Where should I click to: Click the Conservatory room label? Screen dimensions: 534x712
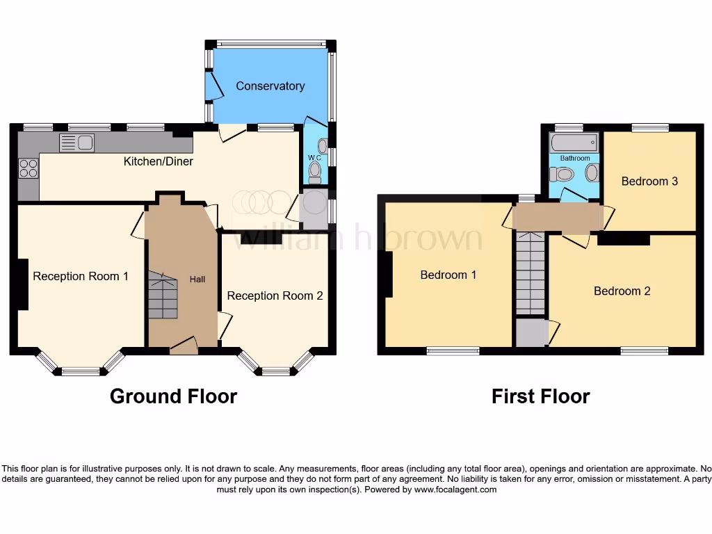[x=270, y=86]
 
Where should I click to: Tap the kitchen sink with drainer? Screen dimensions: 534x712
[x=77, y=143]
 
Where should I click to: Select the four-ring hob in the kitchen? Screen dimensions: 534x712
[x=29, y=168]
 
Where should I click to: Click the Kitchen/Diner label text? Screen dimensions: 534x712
[x=158, y=161]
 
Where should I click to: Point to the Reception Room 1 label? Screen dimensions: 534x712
[x=81, y=276]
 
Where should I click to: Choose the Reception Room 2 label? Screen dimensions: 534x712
[x=275, y=296]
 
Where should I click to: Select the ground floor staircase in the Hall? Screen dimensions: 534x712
[x=161, y=296]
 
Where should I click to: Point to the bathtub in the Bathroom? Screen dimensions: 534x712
[x=574, y=143]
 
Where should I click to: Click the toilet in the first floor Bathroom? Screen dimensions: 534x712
[x=560, y=174]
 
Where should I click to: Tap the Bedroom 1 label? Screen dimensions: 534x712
[x=448, y=275]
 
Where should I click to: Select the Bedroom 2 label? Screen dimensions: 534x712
[x=622, y=291]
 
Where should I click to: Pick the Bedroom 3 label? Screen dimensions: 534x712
[x=649, y=181]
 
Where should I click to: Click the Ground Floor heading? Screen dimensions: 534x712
[x=173, y=396]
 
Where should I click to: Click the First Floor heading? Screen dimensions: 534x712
[x=540, y=396]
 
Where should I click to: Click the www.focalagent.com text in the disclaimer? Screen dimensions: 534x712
[x=455, y=489]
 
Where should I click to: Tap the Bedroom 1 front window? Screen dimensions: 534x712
[x=453, y=351]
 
